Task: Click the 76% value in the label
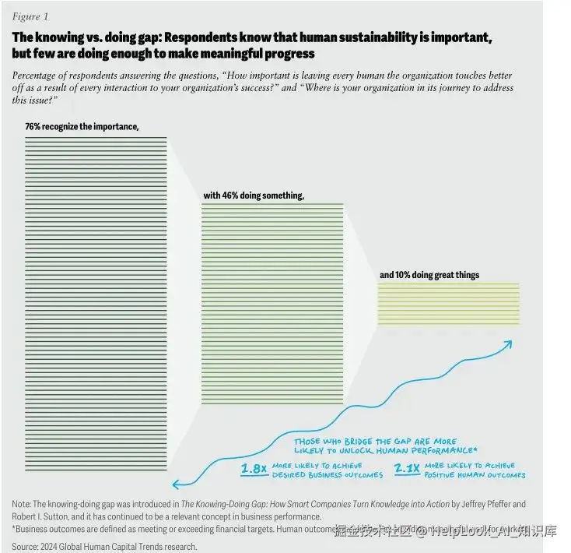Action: (33, 126)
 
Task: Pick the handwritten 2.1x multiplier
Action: (406, 469)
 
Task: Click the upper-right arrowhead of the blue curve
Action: (508, 343)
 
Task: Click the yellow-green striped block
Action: (447, 304)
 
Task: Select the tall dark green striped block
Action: (96, 304)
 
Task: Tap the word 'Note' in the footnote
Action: (22, 504)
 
